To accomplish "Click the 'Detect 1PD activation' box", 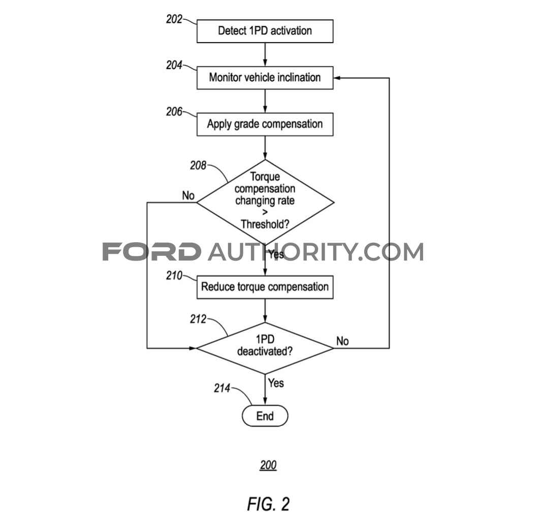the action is tap(265, 31).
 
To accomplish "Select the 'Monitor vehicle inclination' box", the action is tap(265, 78).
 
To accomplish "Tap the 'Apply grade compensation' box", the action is tap(265, 124).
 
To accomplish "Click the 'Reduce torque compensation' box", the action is tap(265, 287).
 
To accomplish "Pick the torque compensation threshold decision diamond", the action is tap(265, 203).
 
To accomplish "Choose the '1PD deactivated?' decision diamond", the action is tap(265, 348).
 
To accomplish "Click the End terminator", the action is tap(265, 416).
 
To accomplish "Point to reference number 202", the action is tap(174, 19).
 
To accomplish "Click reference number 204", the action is tap(174, 65).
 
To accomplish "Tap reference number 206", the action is tap(174, 112).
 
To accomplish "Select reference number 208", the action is tap(198, 166).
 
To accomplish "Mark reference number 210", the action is tap(174, 276).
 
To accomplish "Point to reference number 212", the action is tap(198, 319).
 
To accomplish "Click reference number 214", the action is tap(222, 388).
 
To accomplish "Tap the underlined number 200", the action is tap(268, 465).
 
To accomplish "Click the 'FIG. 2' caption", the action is tap(268, 504).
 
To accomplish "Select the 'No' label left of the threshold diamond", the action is tap(188, 195).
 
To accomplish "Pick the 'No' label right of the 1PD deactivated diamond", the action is tap(342, 341).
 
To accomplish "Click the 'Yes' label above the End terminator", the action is tap(276, 383).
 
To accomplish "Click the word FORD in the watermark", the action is tap(152, 252).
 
